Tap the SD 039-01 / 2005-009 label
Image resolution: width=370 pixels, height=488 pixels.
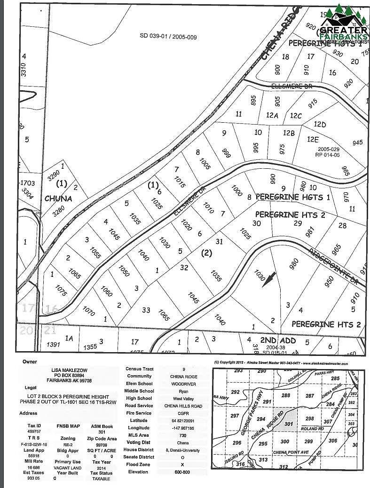(x=168, y=36)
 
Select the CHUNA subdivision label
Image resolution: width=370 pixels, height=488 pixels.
(x=58, y=198)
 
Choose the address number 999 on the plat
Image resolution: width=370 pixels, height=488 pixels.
(x=227, y=152)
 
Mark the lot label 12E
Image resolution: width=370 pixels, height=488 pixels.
(x=313, y=139)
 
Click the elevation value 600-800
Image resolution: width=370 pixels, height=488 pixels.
(x=182, y=472)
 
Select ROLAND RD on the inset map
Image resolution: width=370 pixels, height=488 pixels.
(x=313, y=429)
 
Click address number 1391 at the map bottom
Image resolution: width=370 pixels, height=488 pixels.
(x=54, y=345)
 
